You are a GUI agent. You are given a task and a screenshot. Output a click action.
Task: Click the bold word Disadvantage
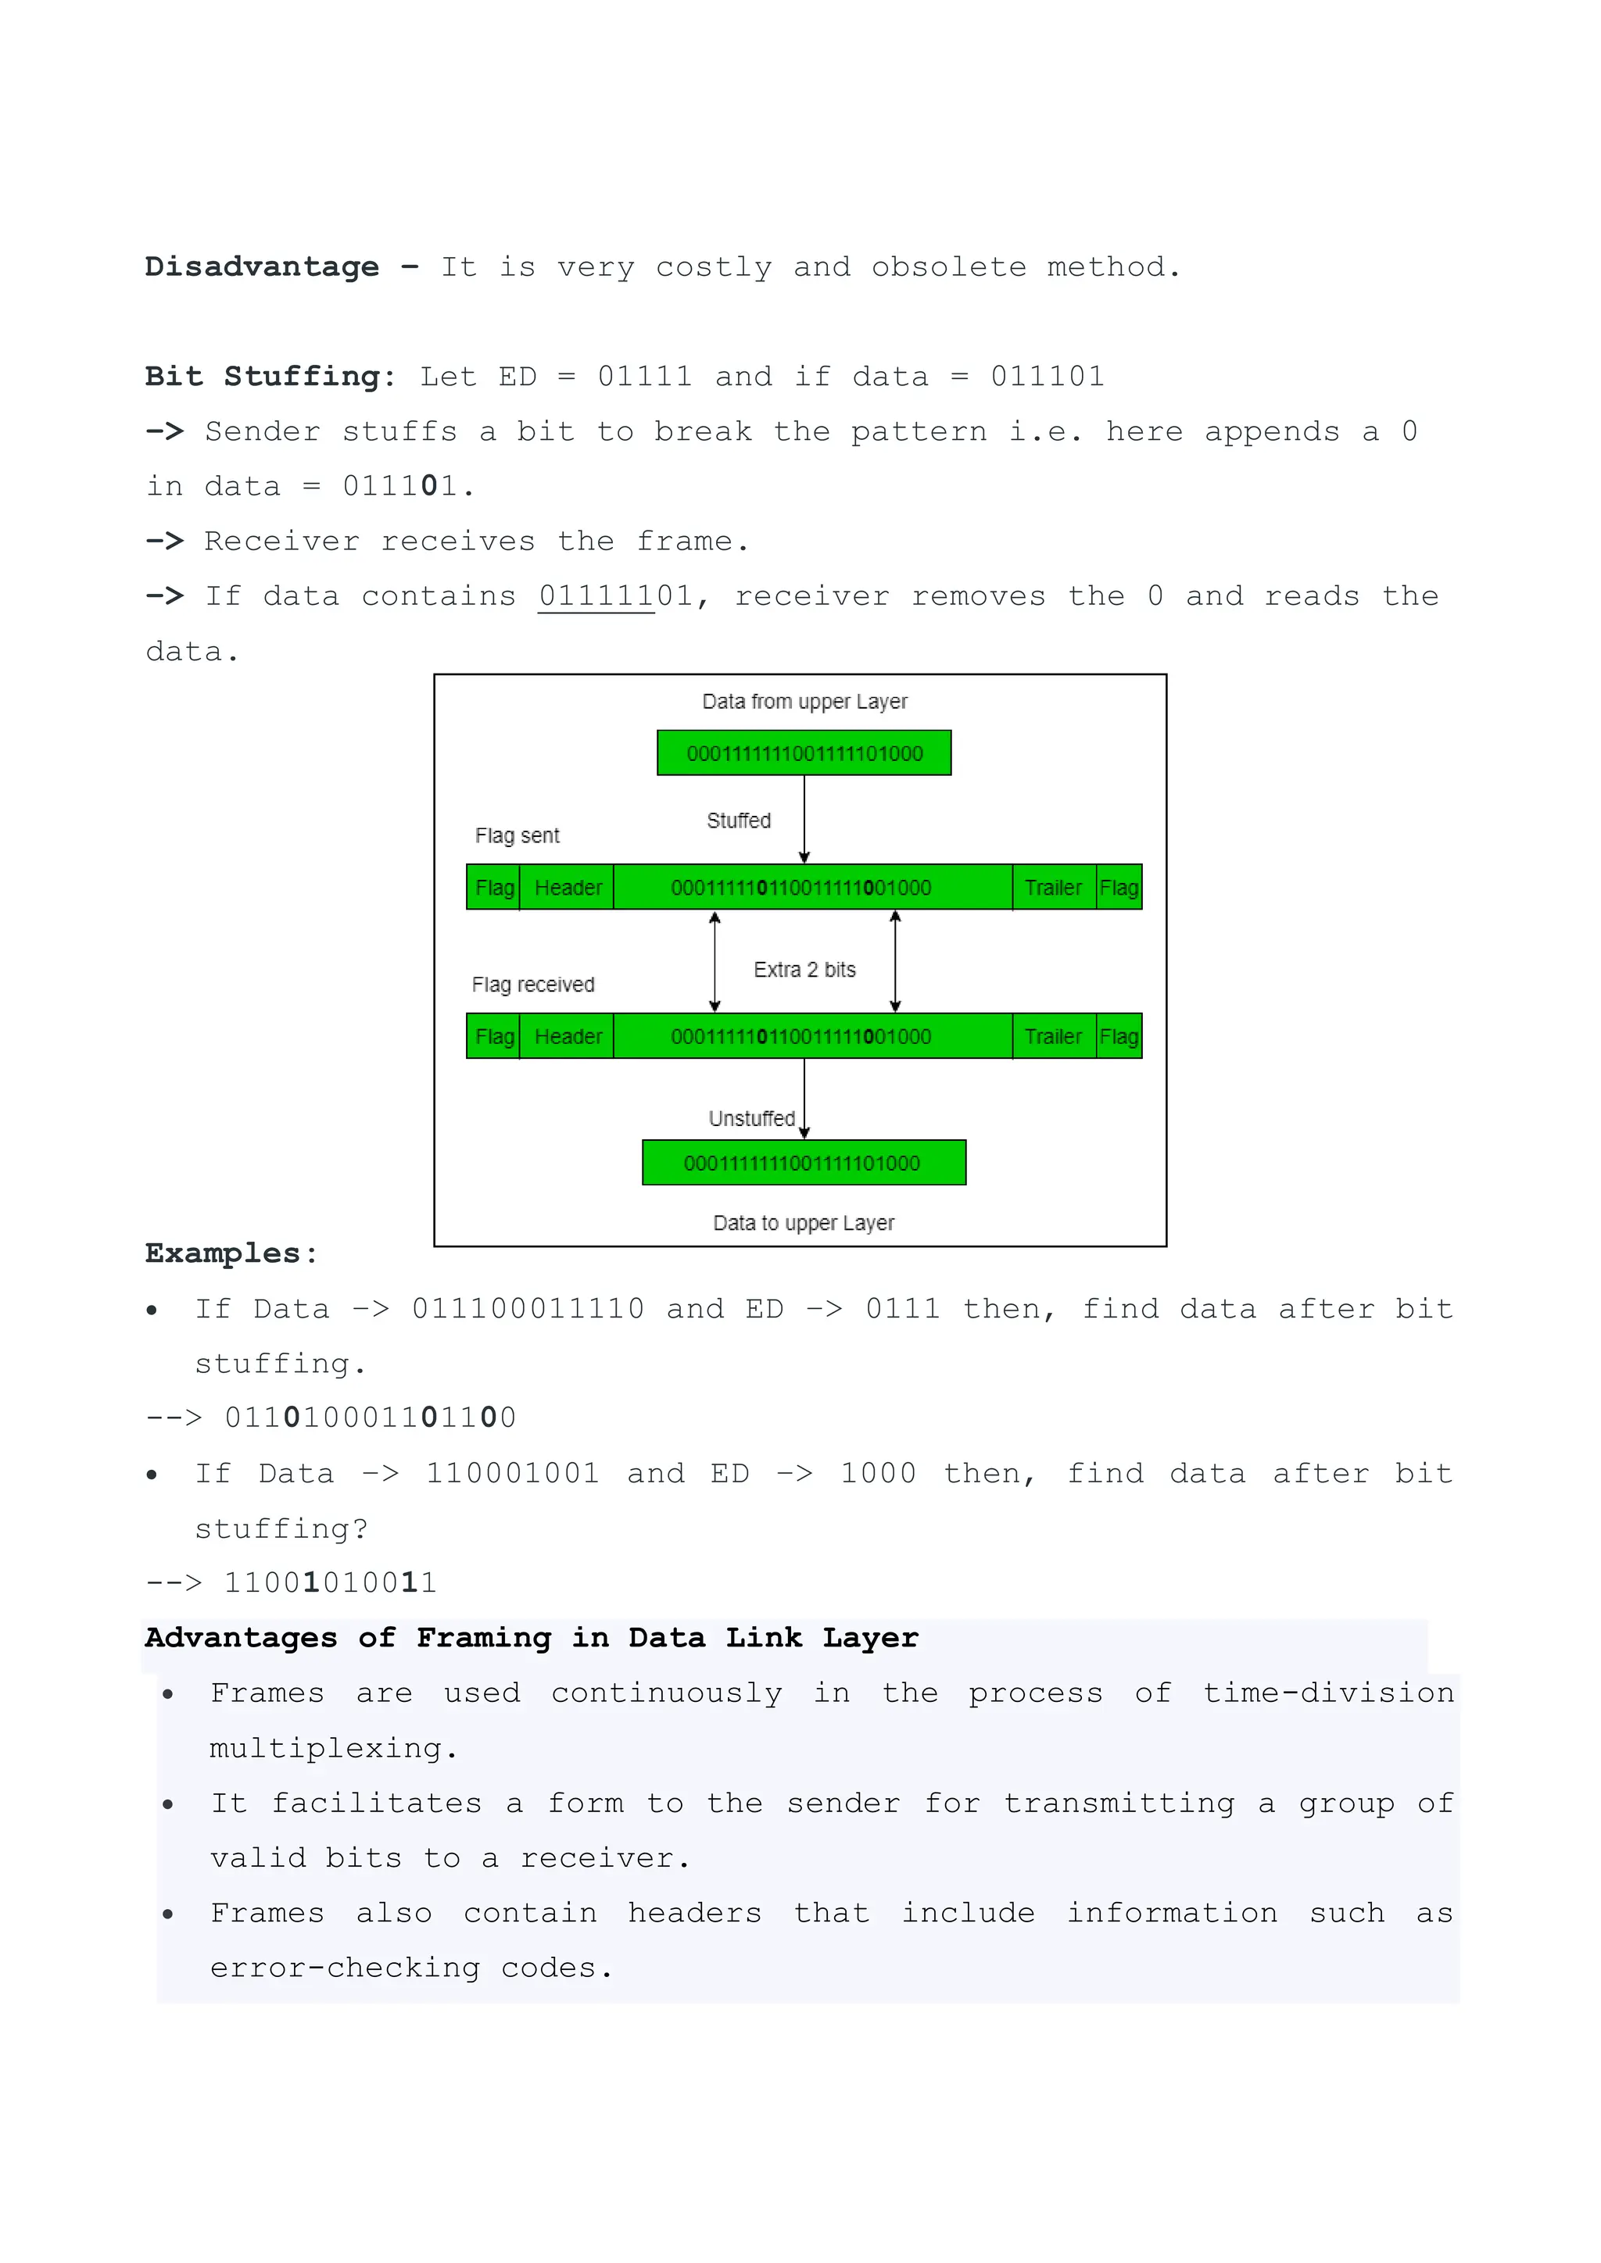(261, 267)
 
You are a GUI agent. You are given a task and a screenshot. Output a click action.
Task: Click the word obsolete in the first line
(948, 267)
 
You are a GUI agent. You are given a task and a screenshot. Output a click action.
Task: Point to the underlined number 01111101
(615, 596)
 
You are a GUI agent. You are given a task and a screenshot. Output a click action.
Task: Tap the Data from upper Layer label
(804, 702)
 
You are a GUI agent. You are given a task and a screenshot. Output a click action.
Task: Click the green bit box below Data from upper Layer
(804, 753)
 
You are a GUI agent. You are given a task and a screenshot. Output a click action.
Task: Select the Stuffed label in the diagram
(739, 821)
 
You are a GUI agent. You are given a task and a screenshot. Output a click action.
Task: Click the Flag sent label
(517, 836)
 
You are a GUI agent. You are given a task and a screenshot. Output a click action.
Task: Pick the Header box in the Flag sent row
(567, 887)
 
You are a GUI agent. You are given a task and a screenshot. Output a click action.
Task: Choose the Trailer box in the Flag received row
(1053, 1037)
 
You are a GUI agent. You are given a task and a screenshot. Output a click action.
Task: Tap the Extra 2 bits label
(804, 970)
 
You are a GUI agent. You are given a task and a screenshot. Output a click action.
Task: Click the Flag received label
(532, 985)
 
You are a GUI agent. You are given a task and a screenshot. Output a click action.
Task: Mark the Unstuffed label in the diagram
(751, 1119)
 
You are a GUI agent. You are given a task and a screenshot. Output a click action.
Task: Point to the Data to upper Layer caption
(804, 1223)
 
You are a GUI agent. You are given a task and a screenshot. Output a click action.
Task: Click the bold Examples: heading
(231, 1253)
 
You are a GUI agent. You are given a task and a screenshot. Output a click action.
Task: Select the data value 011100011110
(528, 1309)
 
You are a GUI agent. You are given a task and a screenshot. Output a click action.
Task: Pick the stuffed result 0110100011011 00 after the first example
(370, 1418)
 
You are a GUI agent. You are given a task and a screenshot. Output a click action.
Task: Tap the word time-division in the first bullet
(1328, 1693)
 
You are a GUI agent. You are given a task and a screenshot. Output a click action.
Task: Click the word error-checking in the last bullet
(345, 1968)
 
